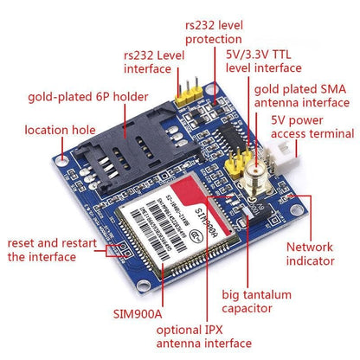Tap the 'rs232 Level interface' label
153,62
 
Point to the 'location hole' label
59,131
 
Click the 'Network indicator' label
309,254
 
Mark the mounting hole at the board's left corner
66,159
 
